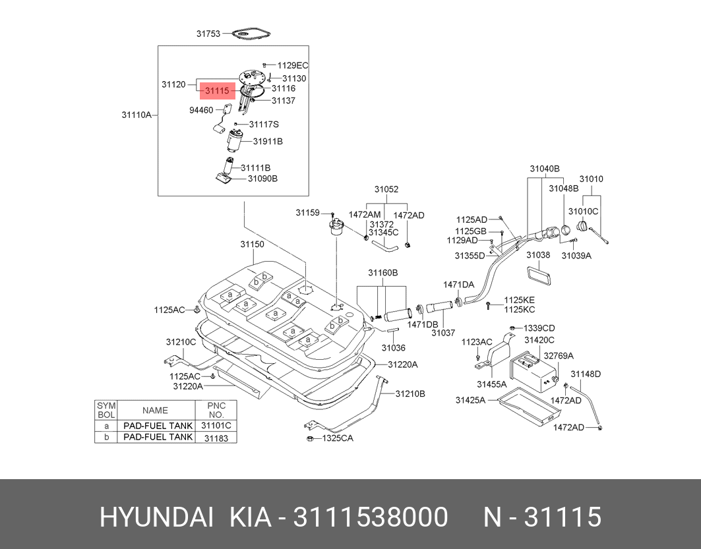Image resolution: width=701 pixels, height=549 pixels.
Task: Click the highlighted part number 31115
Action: click(217, 90)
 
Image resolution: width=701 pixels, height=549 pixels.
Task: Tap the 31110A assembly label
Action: click(137, 115)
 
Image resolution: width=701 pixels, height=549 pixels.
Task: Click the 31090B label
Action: click(262, 178)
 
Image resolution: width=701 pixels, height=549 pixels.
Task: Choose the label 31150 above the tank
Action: click(251, 245)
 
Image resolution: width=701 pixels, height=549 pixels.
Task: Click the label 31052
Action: click(386, 189)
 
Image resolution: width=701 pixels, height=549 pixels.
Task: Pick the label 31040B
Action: click(544, 169)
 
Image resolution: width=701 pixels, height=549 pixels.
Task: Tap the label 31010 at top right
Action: click(591, 179)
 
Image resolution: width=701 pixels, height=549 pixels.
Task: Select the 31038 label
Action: click(538, 254)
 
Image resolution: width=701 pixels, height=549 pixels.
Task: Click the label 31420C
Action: click(539, 340)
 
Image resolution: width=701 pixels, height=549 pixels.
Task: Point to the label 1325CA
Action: click(338, 438)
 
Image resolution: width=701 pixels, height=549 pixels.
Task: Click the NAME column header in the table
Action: click(155, 410)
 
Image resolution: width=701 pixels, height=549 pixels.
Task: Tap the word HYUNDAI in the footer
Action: click(156, 517)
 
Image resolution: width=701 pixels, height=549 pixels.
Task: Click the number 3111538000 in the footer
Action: click(371, 517)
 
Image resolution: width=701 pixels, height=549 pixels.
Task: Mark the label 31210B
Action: click(410, 393)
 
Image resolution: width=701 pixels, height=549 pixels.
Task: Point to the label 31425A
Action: click(470, 400)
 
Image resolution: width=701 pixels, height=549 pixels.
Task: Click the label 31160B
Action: click(382, 273)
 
